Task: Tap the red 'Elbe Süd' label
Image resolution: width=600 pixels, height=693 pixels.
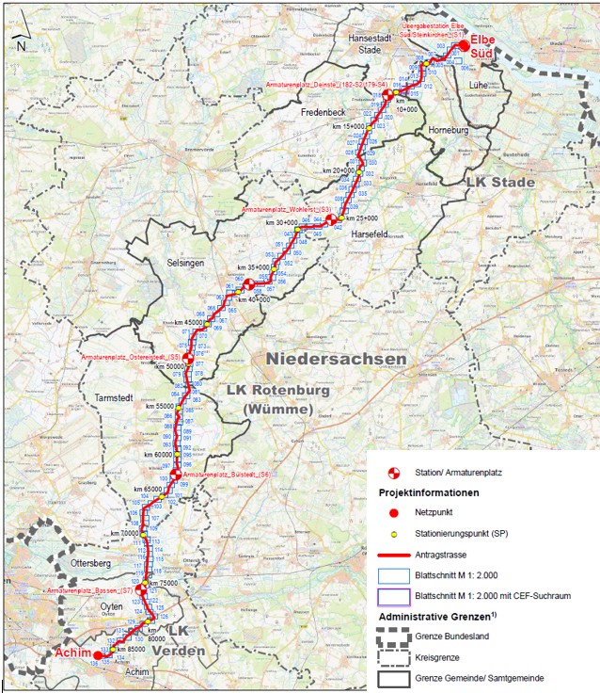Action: pyautogui.click(x=482, y=46)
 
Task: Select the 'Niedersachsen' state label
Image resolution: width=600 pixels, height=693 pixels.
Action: pyautogui.click(x=336, y=359)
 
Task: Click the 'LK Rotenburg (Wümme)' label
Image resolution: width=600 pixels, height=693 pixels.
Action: pyautogui.click(x=272, y=399)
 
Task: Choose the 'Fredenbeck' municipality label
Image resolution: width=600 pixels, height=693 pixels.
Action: pyautogui.click(x=324, y=111)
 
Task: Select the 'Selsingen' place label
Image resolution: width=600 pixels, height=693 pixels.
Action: pyautogui.click(x=185, y=263)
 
